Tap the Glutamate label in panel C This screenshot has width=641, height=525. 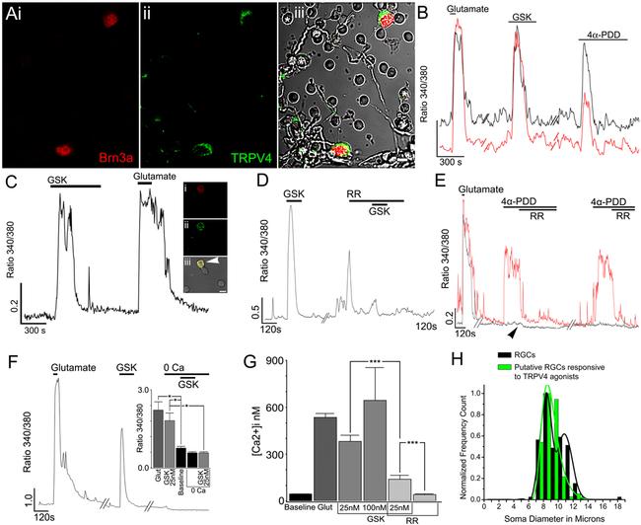[x=154, y=177]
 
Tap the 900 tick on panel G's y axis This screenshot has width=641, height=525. [x=271, y=358]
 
